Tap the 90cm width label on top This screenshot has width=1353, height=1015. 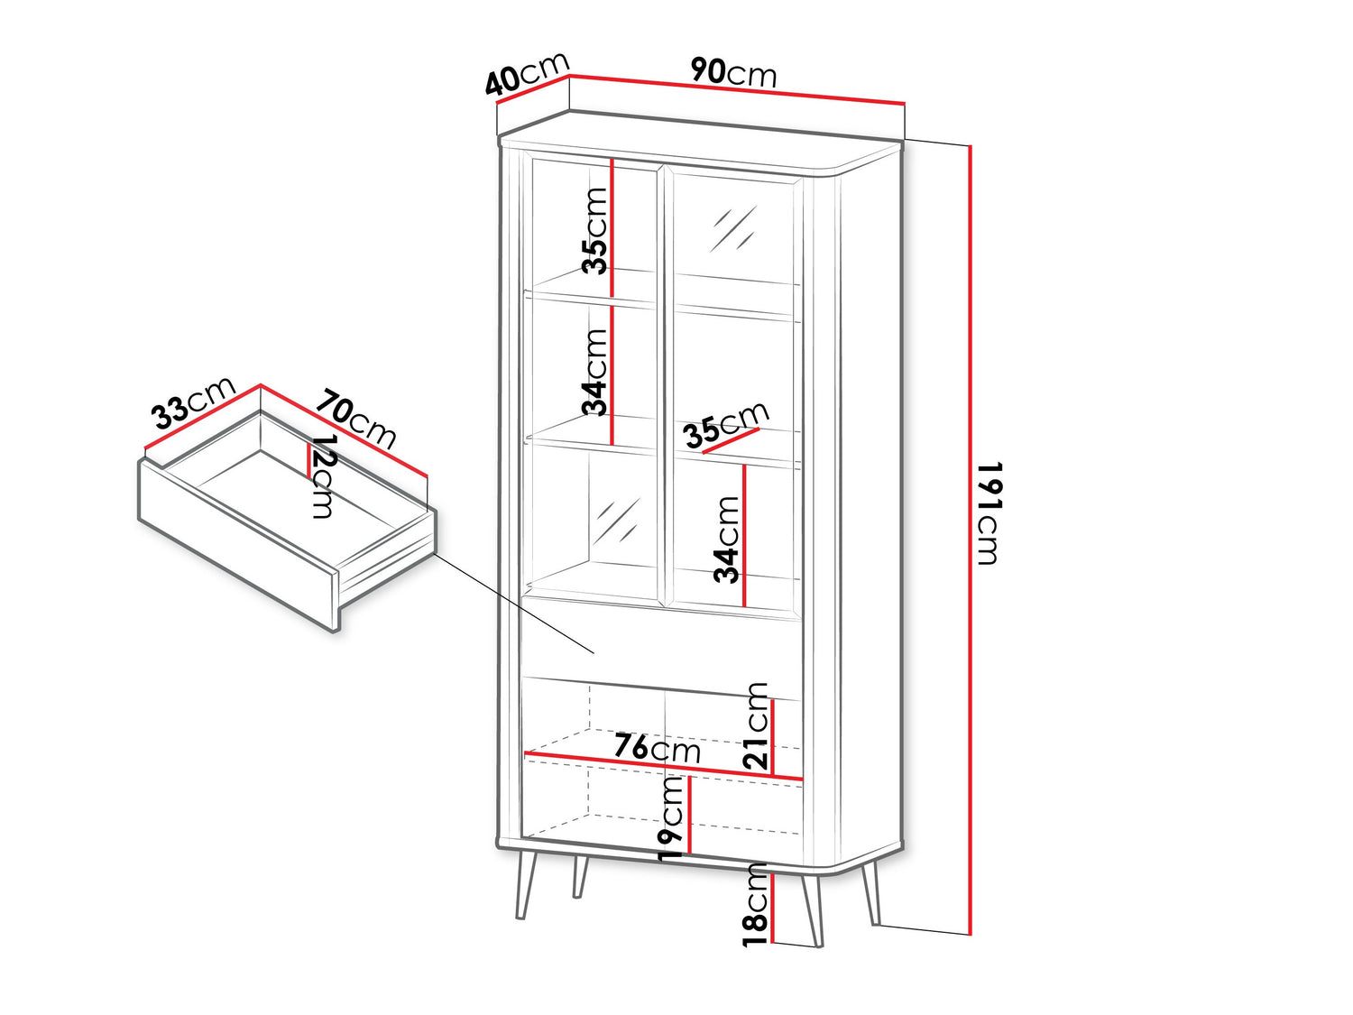pos(733,72)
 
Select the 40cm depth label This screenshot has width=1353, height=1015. pos(527,73)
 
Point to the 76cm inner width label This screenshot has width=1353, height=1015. pos(657,748)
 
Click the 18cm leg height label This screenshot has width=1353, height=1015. pos(756,903)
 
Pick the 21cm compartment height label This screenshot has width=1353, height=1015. pos(757,726)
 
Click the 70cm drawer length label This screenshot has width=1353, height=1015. pos(355,418)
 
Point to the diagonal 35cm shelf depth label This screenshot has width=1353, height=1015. pos(726,424)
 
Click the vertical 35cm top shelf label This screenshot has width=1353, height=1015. pos(595,230)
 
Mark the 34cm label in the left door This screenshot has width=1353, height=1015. pos(595,372)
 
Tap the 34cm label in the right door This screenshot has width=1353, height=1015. pos(727,540)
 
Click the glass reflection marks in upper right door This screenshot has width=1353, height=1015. pos(732,228)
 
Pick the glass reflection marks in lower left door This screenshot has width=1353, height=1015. pos(616,521)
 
